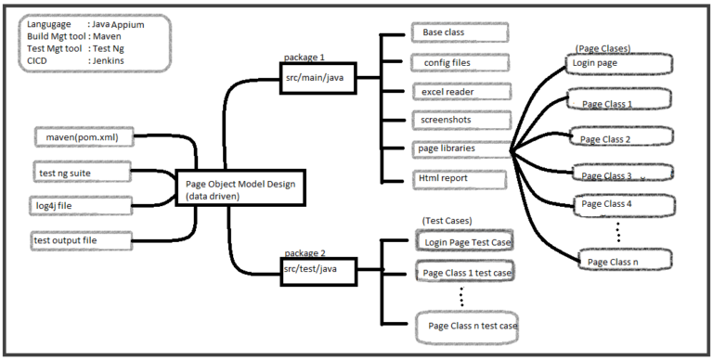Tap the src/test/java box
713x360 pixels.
pos(318,267)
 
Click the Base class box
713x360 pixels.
pos(459,32)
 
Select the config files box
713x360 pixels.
pos(459,62)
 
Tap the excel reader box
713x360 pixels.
pos(459,92)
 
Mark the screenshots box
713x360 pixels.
pos(459,120)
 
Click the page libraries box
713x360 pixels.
pos(459,148)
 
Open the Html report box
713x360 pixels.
pos(459,177)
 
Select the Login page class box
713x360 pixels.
pos(618,65)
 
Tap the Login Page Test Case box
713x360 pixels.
pos(464,242)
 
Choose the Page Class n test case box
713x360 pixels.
pos(467,326)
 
